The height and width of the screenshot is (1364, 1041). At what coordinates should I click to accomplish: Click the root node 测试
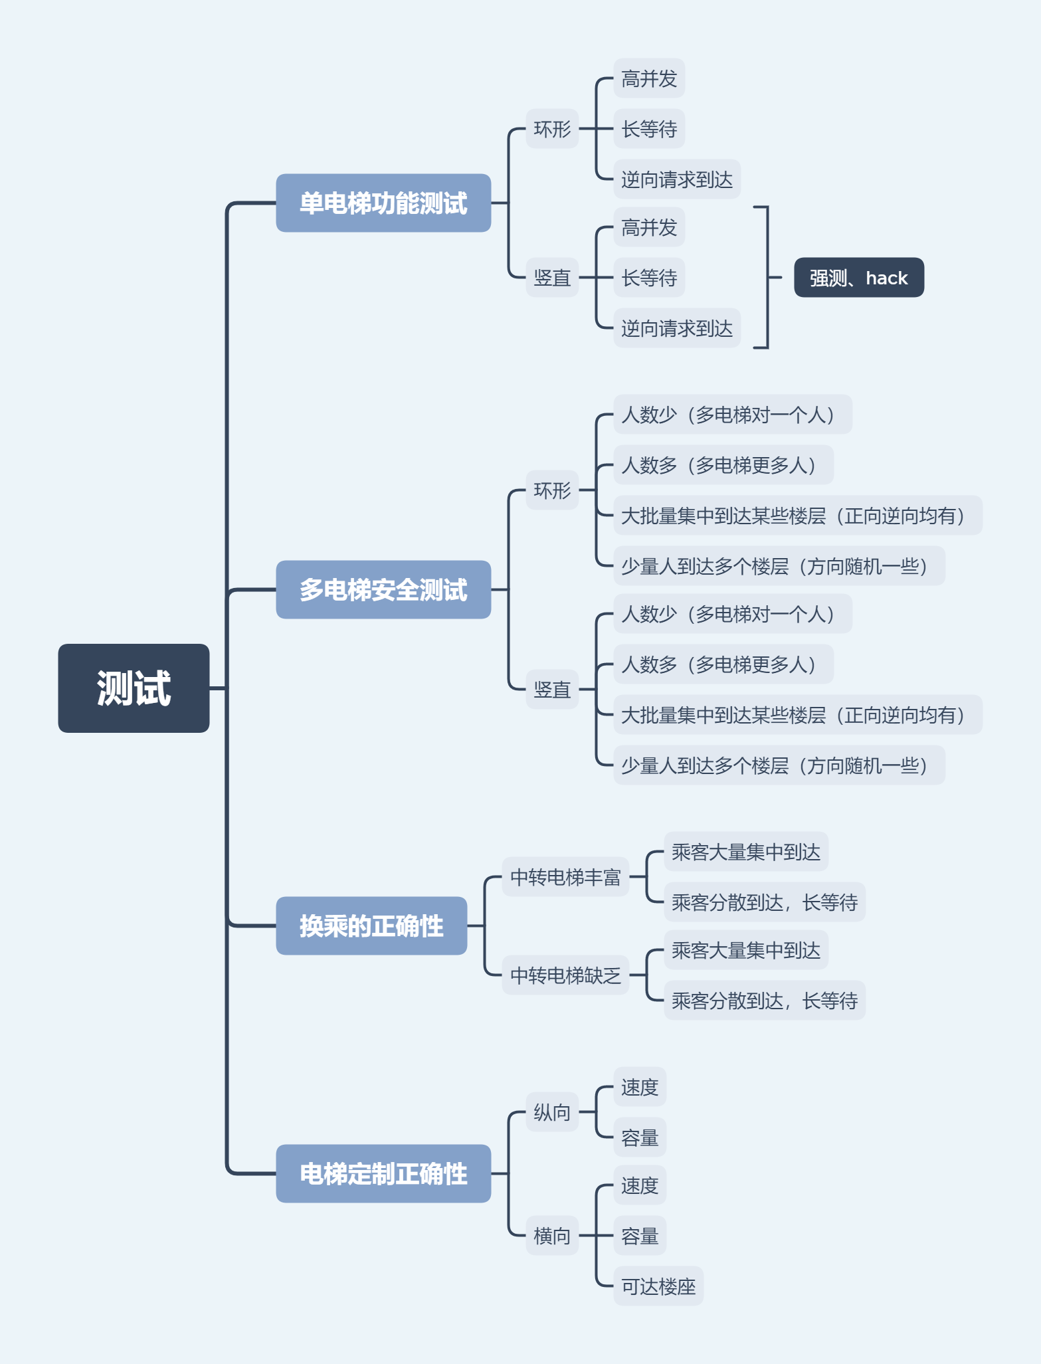[x=134, y=688]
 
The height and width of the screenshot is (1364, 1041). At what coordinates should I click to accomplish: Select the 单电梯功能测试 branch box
[x=383, y=203]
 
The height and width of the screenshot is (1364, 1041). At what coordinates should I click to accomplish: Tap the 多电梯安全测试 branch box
[x=383, y=589]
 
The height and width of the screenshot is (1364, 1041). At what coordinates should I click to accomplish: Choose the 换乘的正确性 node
[x=371, y=926]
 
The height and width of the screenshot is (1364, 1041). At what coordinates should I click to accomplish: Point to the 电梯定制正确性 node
[x=383, y=1173]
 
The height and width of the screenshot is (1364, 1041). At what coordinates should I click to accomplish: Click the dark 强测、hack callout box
[x=858, y=277]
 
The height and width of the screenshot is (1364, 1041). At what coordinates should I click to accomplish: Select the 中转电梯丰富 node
[x=565, y=877]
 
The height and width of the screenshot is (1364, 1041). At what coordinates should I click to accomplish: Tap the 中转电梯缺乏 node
[x=565, y=975]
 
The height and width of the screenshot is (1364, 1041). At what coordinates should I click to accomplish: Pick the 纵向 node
[x=552, y=1112]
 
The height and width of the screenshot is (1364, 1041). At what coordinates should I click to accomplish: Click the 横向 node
[x=552, y=1236]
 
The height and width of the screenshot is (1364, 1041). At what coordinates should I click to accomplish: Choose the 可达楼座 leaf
[x=658, y=1286]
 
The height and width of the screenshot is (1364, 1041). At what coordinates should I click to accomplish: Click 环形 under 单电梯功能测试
[x=552, y=128]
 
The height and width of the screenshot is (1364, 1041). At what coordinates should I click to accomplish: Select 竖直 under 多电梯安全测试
[x=552, y=690]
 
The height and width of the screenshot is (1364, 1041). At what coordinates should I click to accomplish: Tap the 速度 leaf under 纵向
[x=639, y=1087]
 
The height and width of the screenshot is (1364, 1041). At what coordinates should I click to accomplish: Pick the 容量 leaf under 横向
[x=639, y=1236]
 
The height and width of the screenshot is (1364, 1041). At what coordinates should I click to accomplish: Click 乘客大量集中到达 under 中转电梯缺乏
[x=745, y=950]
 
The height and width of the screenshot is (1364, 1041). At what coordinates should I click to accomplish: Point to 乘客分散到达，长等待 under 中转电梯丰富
[x=764, y=902]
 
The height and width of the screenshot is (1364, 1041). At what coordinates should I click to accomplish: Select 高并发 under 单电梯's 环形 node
[x=648, y=78]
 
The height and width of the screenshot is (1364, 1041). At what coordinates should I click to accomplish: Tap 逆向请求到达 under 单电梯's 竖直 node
[x=676, y=328]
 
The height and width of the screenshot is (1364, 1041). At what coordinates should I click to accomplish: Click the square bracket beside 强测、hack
[x=767, y=277]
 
